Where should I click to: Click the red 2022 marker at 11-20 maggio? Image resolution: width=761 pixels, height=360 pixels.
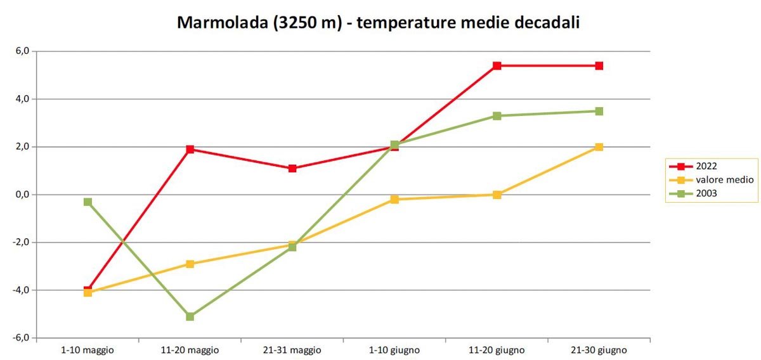190,150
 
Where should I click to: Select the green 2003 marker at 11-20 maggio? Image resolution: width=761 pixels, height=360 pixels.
190,316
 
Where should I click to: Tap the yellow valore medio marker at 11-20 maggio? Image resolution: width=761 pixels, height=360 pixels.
190,264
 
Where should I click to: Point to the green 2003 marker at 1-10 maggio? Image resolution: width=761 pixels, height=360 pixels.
88,202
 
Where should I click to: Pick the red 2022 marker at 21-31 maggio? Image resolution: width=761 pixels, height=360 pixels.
292,169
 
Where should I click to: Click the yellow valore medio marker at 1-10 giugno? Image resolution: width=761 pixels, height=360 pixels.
394,200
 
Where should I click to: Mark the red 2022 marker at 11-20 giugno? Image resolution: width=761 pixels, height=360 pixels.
497,66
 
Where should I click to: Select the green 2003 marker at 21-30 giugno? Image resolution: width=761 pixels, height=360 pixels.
599,112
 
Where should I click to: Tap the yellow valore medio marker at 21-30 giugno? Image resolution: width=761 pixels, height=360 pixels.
599,147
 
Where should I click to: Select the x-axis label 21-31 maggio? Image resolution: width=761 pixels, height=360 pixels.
292,350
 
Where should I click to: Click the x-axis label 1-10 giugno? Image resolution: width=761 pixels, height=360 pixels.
394,350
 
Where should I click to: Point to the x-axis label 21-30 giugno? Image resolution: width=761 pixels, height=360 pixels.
599,350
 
